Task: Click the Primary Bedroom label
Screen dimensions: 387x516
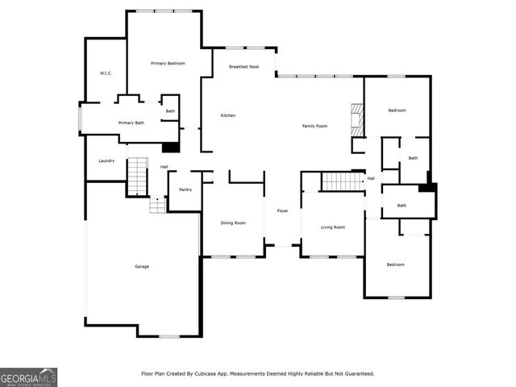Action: [169, 63]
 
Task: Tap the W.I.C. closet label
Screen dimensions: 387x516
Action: [106, 73]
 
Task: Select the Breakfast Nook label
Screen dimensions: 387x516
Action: [243, 67]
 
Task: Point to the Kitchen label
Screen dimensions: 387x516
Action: [228, 116]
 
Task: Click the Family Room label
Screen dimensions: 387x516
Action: [314, 126]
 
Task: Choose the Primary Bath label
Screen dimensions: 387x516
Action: [131, 123]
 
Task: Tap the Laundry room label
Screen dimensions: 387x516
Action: [106, 160]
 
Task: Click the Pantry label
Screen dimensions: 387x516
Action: [185, 189]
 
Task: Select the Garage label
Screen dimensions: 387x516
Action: [142, 266]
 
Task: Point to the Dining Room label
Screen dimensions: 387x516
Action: [233, 223]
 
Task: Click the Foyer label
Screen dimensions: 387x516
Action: [282, 210]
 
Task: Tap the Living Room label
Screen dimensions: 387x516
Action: [332, 227]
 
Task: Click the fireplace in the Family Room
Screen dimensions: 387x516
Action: [356, 120]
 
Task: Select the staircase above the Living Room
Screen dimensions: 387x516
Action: [343, 181]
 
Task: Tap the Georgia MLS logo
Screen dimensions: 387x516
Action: [28, 377]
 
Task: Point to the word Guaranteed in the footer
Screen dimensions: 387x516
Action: [355, 373]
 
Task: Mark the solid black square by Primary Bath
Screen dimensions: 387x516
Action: [170, 148]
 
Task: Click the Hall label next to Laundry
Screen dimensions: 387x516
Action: [164, 167]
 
